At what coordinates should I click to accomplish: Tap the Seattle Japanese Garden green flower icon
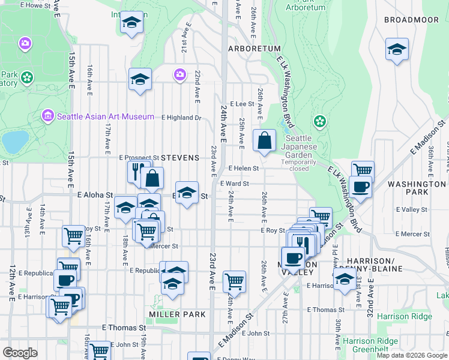[x=319, y=122]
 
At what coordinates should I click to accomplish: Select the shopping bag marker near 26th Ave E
[x=264, y=142]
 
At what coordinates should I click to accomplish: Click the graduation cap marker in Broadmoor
[x=397, y=50]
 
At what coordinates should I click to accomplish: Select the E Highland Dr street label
[x=180, y=118]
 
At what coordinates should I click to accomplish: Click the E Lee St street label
[x=242, y=104]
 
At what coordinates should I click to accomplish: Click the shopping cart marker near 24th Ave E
[x=234, y=281]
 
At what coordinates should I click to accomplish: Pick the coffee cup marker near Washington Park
[x=360, y=188]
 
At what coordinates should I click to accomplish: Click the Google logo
[x=21, y=352]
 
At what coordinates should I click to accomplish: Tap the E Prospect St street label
[x=138, y=157]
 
